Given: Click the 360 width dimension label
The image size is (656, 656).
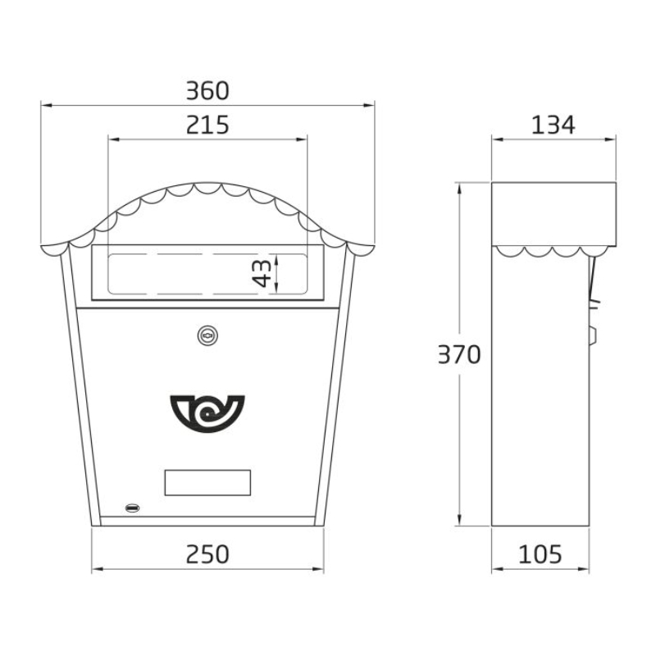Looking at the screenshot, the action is tap(207, 91).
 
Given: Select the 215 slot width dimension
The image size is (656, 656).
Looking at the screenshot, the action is tap(207, 125).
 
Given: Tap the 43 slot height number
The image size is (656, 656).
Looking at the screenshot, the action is tap(262, 273).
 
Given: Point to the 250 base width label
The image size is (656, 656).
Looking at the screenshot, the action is tap(207, 554).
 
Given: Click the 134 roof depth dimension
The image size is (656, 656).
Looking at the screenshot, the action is tap(553, 125).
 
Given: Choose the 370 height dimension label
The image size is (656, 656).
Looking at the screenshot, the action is tap(459, 354).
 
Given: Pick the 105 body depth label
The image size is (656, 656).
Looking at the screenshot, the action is tap(540, 554).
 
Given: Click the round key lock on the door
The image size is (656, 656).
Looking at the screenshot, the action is tap(208, 335).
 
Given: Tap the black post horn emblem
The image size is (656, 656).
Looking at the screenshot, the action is tap(207, 413).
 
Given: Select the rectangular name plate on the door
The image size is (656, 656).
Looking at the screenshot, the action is tap(207, 482).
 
